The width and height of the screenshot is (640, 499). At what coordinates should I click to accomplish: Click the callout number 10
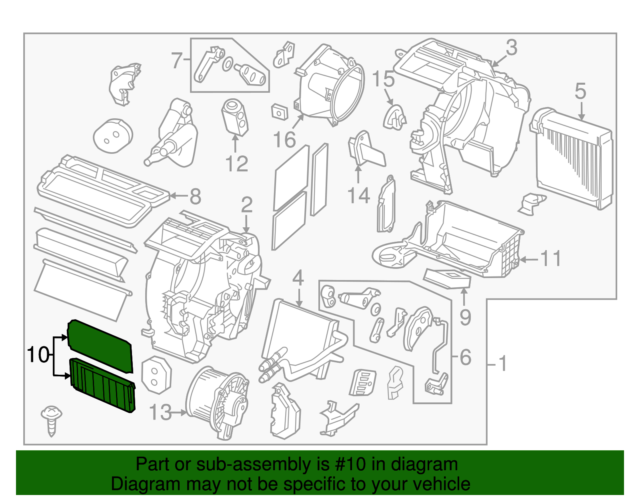click(38, 354)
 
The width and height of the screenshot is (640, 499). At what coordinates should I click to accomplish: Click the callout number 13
click(160, 412)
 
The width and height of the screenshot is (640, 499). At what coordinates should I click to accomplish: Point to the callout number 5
click(580, 91)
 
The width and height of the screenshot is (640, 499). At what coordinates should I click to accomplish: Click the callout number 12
click(237, 164)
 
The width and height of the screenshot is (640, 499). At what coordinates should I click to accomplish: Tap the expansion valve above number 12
click(234, 115)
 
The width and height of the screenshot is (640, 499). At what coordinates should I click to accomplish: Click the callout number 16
click(284, 140)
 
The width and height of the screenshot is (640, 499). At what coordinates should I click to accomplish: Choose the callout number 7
click(177, 61)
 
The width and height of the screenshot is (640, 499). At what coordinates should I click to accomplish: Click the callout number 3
click(511, 48)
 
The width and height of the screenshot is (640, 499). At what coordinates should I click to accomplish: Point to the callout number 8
click(195, 197)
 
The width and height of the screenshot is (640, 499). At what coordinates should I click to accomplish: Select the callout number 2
click(247, 205)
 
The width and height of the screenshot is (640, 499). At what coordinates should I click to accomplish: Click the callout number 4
click(298, 278)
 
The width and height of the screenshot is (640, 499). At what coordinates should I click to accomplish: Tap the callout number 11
click(551, 259)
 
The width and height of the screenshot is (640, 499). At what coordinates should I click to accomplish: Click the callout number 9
click(465, 317)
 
